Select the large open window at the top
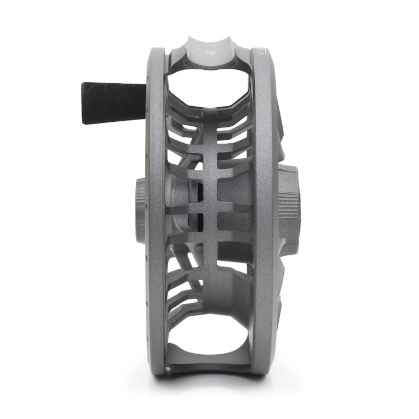208,88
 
